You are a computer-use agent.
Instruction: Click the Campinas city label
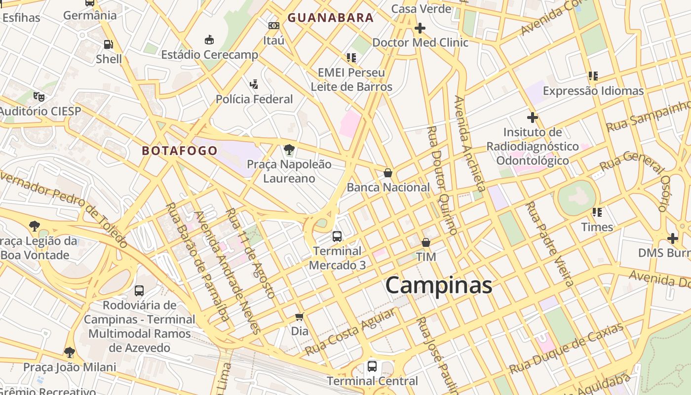tap(438, 285)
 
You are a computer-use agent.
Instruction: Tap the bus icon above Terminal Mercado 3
tap(337, 237)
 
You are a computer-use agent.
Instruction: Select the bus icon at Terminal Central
tap(372, 366)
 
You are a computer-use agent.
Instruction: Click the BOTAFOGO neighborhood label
tap(180, 151)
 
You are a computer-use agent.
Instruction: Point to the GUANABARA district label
tap(331, 18)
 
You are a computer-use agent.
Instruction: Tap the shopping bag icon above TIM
tap(426, 242)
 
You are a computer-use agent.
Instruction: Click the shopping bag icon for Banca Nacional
tap(388, 173)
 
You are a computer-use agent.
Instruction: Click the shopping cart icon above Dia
tap(299, 316)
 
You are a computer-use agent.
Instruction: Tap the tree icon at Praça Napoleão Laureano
tap(289, 149)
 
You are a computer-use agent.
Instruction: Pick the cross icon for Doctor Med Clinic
tap(420, 28)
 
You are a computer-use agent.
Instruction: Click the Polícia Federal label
tap(254, 99)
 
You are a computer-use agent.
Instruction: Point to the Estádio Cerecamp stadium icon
tap(209, 39)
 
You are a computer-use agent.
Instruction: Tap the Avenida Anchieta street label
tap(469, 143)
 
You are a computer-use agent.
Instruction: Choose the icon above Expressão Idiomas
tap(593, 76)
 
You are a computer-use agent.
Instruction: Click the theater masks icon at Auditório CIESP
tap(39, 96)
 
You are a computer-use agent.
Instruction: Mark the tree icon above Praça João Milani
tap(70, 352)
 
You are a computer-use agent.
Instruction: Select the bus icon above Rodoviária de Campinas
tap(139, 290)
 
